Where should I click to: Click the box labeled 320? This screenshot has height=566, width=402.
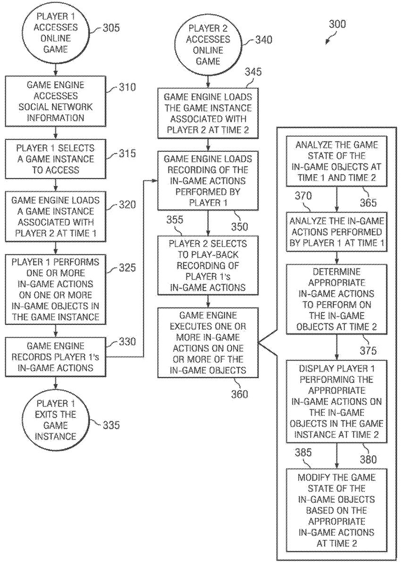[56, 211]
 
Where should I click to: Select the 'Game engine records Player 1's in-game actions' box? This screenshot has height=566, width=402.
[56, 357]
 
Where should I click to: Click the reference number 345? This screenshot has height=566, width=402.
[253, 73]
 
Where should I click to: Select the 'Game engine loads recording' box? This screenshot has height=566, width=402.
[208, 181]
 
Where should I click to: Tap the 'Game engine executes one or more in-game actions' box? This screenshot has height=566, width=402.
[208, 342]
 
